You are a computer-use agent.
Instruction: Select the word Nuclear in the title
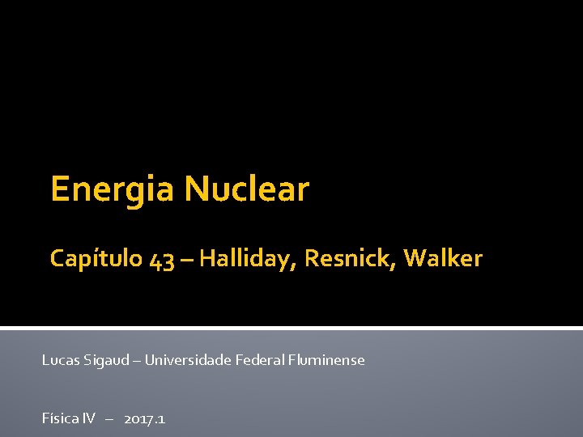[247, 189]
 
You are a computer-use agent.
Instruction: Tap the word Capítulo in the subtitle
[96, 259]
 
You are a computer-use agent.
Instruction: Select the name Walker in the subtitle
[443, 259]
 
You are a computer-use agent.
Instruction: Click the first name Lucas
[61, 359]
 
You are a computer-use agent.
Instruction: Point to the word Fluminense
[327, 359]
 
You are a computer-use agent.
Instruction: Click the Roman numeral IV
[88, 418]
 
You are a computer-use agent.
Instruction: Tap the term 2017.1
[145, 418]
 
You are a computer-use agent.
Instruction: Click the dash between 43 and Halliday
[187, 260]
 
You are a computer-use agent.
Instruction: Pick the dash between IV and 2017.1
[109, 419]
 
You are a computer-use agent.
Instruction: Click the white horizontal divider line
[291, 328]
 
